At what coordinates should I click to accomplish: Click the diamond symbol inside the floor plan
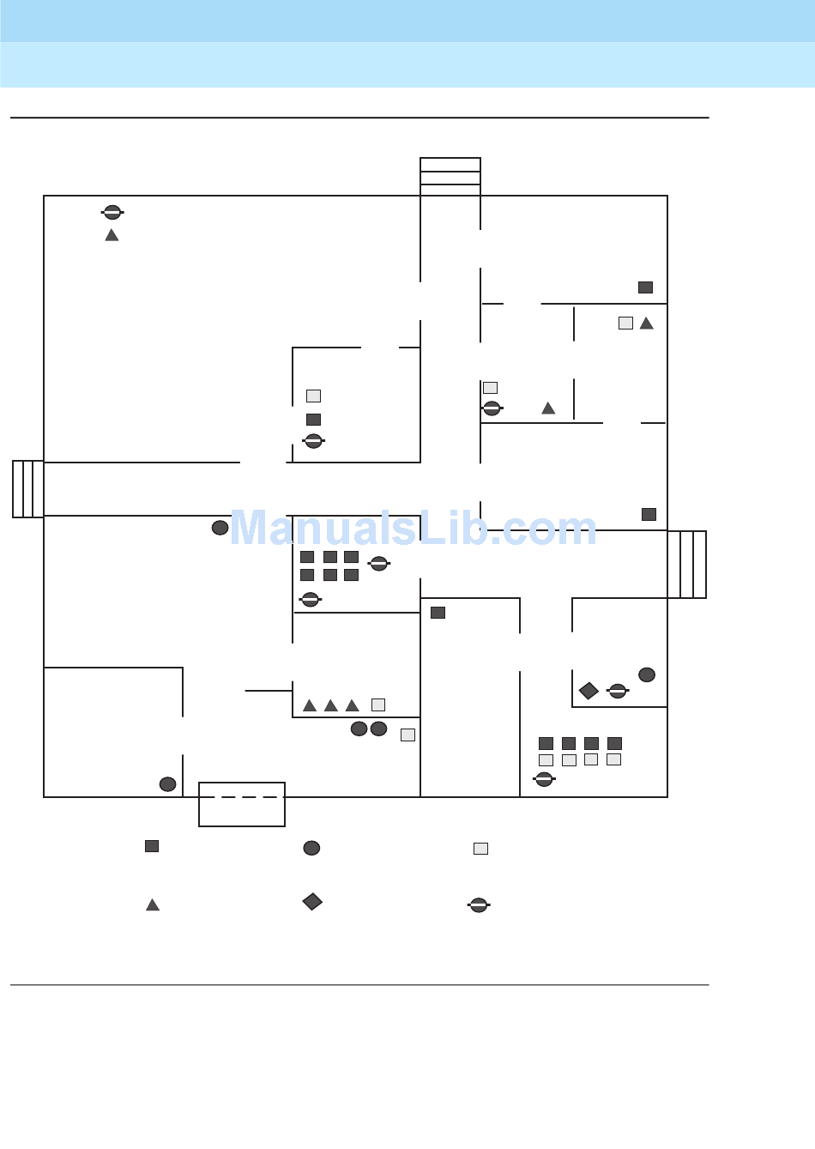[x=589, y=691]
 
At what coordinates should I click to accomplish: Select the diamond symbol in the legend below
[x=312, y=902]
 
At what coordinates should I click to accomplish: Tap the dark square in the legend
[x=152, y=846]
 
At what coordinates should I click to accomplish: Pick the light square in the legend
[x=480, y=849]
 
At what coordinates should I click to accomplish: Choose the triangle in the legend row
[x=153, y=904]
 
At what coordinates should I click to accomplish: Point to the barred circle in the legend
[x=479, y=904]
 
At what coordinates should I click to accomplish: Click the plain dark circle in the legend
[x=311, y=848]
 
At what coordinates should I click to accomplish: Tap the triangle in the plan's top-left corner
[x=112, y=235]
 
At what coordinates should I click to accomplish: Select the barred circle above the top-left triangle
[x=112, y=212]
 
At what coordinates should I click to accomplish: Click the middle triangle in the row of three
[x=331, y=705]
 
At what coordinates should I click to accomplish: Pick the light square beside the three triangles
[x=378, y=705]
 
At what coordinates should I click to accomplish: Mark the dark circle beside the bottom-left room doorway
[x=168, y=784]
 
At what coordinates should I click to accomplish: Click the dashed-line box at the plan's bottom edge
[x=242, y=804]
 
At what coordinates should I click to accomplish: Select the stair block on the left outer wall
[x=28, y=489]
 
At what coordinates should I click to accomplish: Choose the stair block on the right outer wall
[x=687, y=565]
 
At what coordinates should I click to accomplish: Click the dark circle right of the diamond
[x=647, y=675]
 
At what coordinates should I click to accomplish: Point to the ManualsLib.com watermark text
[x=413, y=529]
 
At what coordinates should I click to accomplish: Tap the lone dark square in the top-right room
[x=645, y=287]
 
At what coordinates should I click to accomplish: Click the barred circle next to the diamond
[x=618, y=691]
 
